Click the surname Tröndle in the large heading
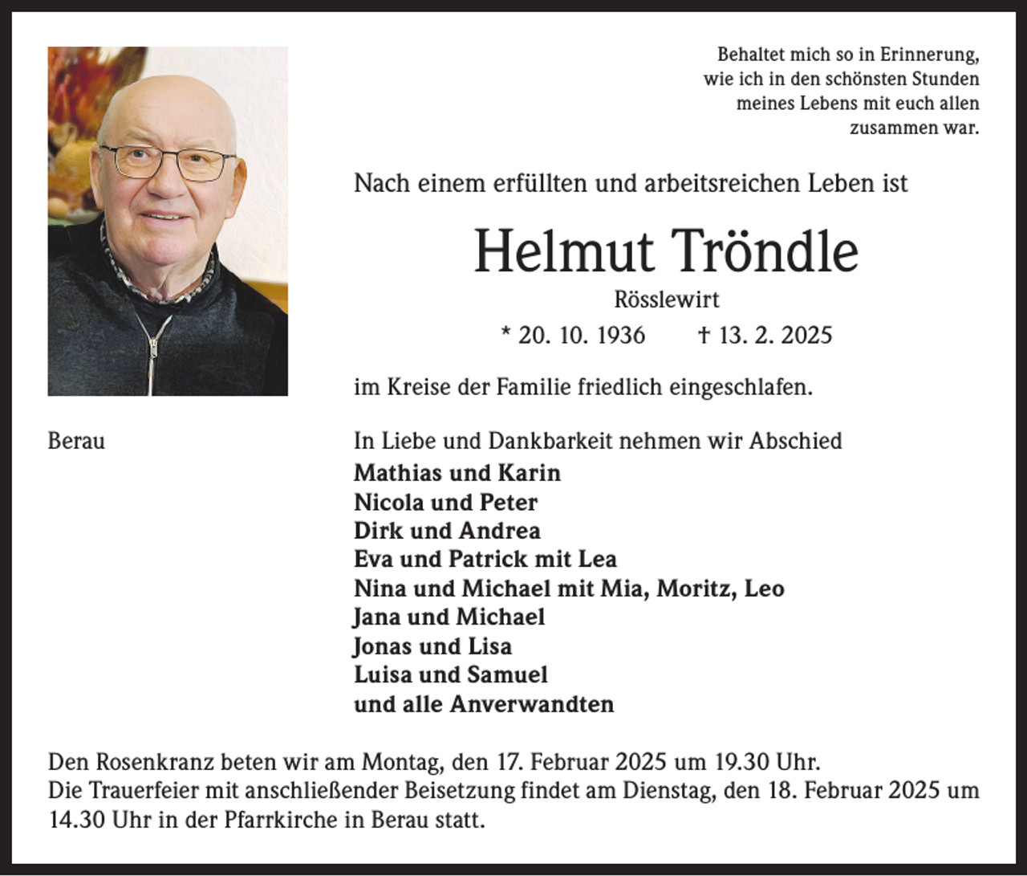pos(764,252)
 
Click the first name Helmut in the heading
pos(564,252)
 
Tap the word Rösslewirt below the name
pos(667,299)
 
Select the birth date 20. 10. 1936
pos(582,335)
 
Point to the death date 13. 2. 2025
pos(775,335)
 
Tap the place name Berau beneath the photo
pos(76,441)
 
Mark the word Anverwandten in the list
pos(531,704)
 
